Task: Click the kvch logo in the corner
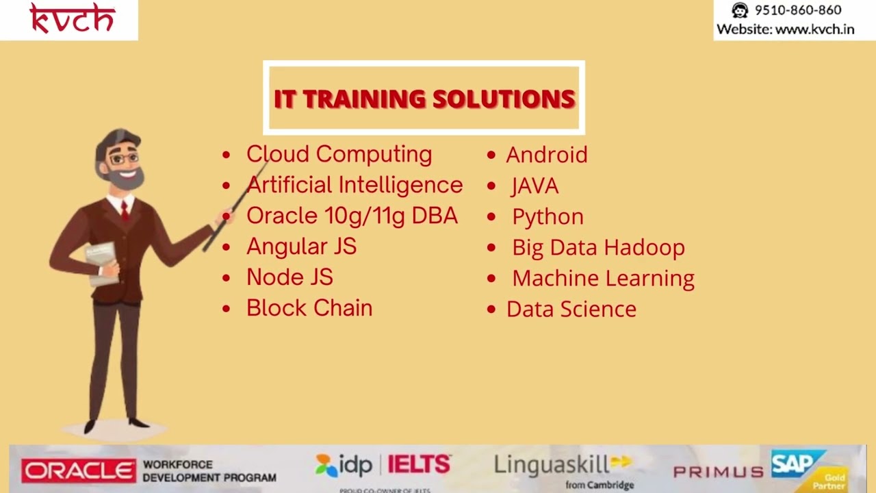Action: click(x=72, y=19)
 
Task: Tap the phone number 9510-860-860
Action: click(x=797, y=10)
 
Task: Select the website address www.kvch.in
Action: click(x=814, y=29)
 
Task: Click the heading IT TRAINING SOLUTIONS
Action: click(x=424, y=99)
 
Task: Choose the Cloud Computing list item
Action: click(x=339, y=154)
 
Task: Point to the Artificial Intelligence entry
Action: click(x=355, y=185)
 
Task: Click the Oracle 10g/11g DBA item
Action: click(x=352, y=216)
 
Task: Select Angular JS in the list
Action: click(x=301, y=246)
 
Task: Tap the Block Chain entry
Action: click(x=309, y=308)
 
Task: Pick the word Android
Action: click(x=546, y=155)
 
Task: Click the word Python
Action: click(x=547, y=216)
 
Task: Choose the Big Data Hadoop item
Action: click(x=598, y=247)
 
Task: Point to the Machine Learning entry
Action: click(x=603, y=278)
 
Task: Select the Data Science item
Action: click(x=571, y=309)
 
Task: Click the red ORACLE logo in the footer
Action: click(x=79, y=471)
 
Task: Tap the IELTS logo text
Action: click(x=419, y=465)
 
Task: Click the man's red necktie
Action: click(x=125, y=212)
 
